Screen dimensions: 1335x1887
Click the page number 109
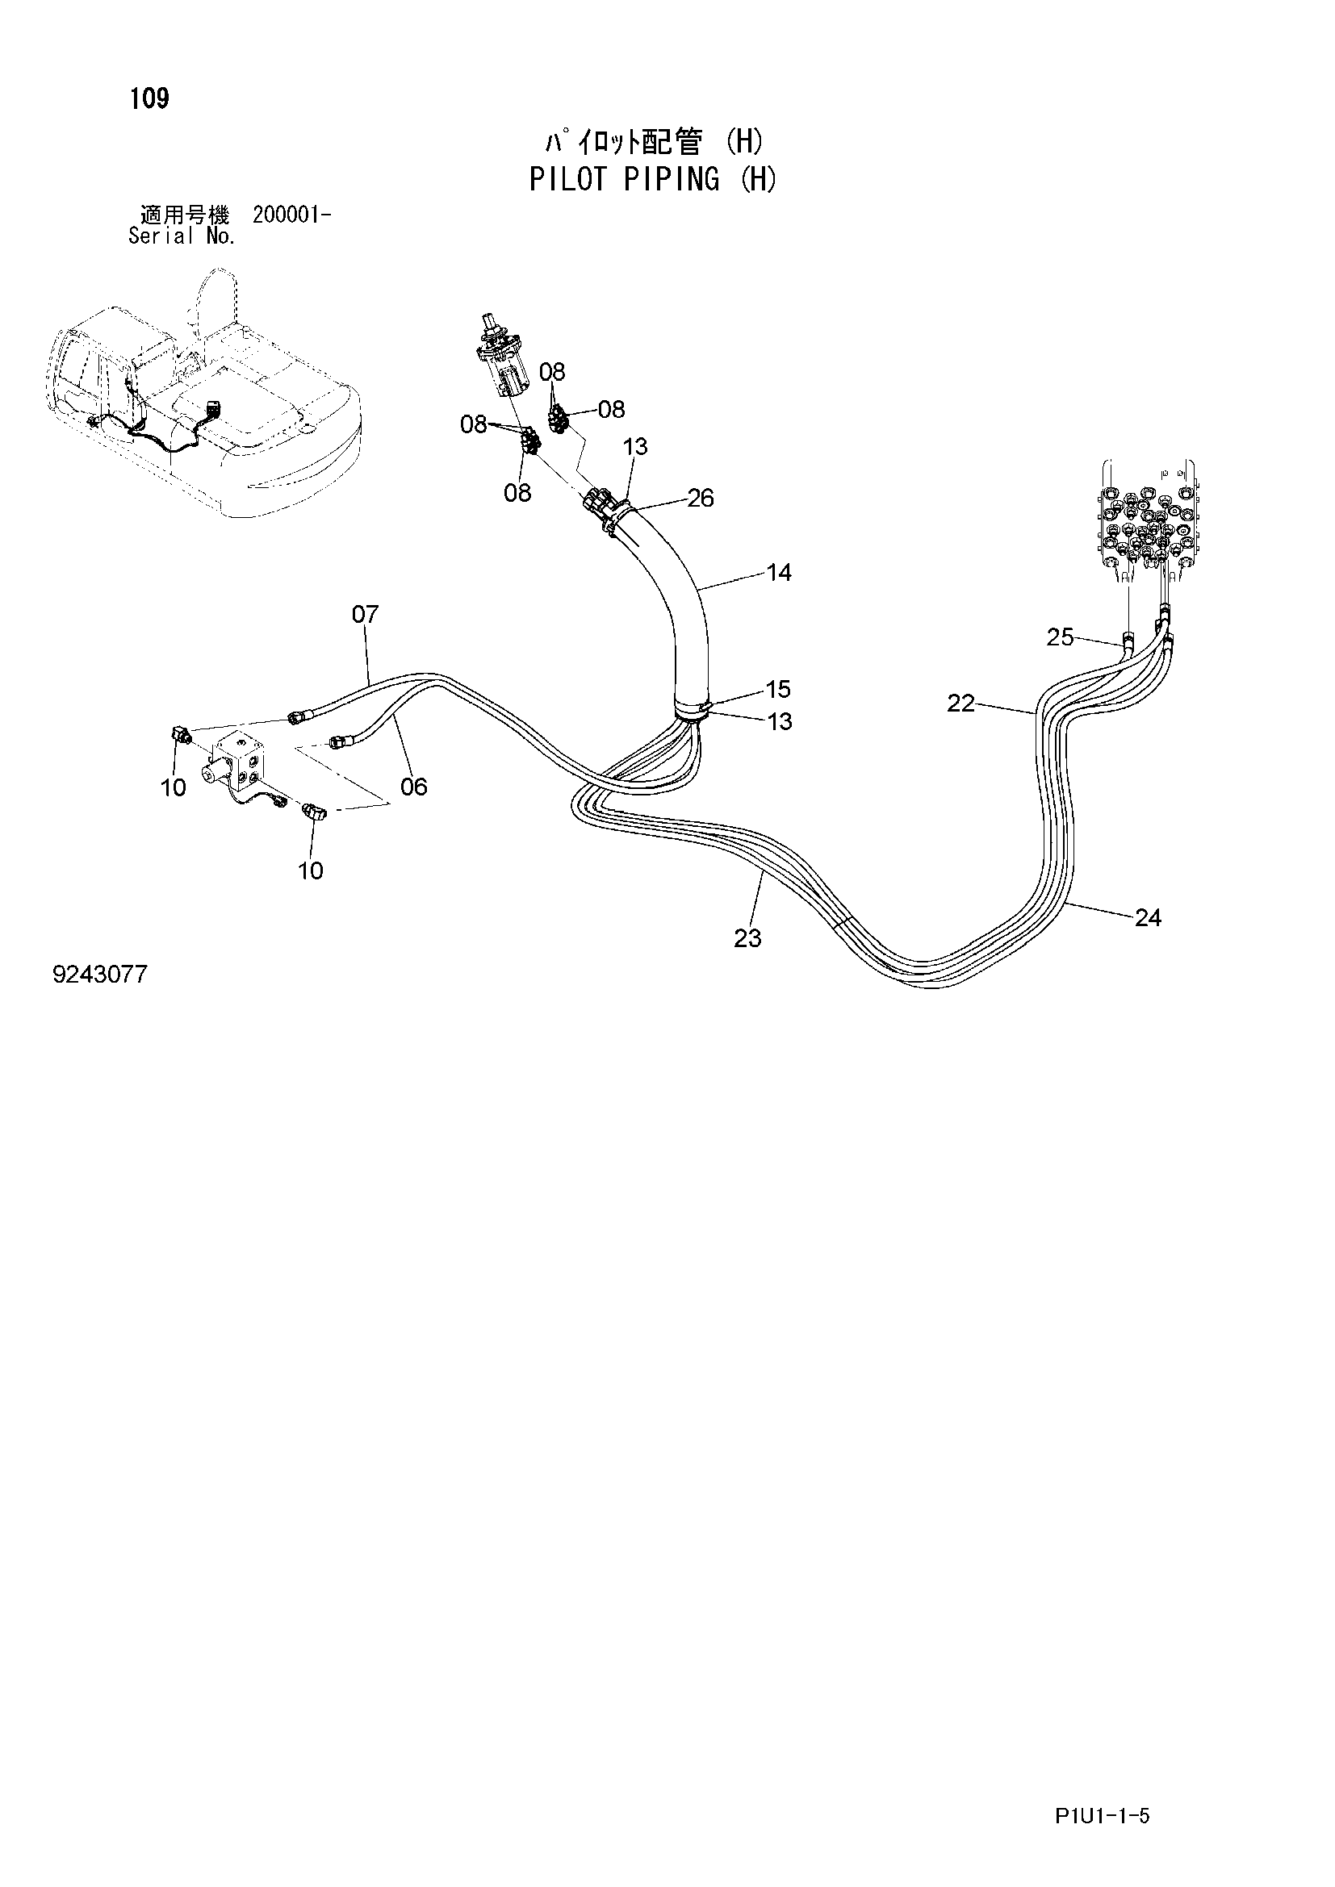[149, 98]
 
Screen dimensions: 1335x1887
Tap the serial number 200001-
[293, 215]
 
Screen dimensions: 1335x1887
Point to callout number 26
[701, 497]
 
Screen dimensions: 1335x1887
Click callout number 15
[777, 689]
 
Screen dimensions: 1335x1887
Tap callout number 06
[413, 787]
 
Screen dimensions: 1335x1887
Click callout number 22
[961, 703]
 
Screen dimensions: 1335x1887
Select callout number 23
[747, 937]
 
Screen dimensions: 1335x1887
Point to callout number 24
[1148, 917]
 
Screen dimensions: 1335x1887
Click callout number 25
[1061, 637]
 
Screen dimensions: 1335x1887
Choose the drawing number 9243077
[99, 975]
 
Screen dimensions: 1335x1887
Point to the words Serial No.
[182, 236]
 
